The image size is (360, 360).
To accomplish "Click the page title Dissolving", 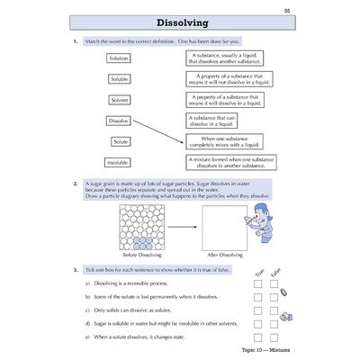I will [x=183, y=22].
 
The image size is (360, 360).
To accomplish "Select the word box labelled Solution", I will [x=119, y=58].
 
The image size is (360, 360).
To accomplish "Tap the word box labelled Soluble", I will [x=119, y=78].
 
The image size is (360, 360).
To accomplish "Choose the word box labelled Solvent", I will [x=119, y=99].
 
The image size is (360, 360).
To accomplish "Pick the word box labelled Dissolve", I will [x=119, y=120].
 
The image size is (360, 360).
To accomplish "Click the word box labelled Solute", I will [x=120, y=141].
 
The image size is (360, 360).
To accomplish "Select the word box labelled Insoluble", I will [x=119, y=162].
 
